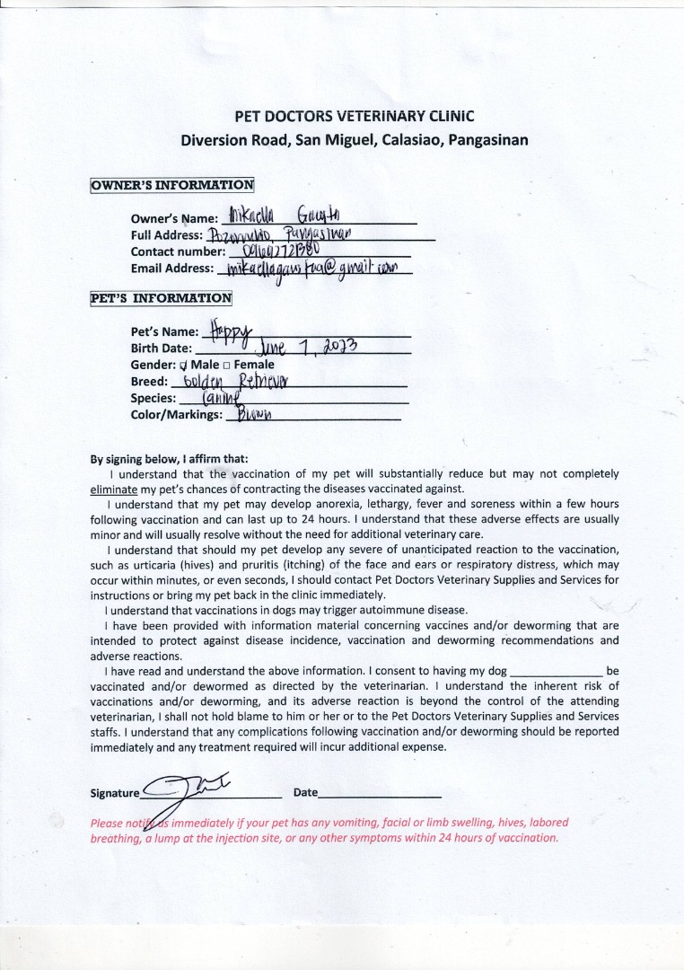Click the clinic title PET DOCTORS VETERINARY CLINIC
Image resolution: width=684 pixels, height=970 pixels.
pyautogui.click(x=354, y=116)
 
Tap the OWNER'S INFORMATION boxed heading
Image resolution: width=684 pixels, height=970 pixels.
pyautogui.click(x=172, y=185)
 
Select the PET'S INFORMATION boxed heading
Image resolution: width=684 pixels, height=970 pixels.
pyautogui.click(x=161, y=298)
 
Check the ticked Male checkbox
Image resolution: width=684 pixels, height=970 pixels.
pyautogui.click(x=183, y=366)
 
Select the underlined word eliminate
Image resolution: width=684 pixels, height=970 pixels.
pyautogui.click(x=114, y=489)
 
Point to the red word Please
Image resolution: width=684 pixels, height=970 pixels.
pyautogui.click(x=108, y=823)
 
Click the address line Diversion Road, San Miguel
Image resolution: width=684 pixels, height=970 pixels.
pyautogui.click(x=354, y=140)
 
